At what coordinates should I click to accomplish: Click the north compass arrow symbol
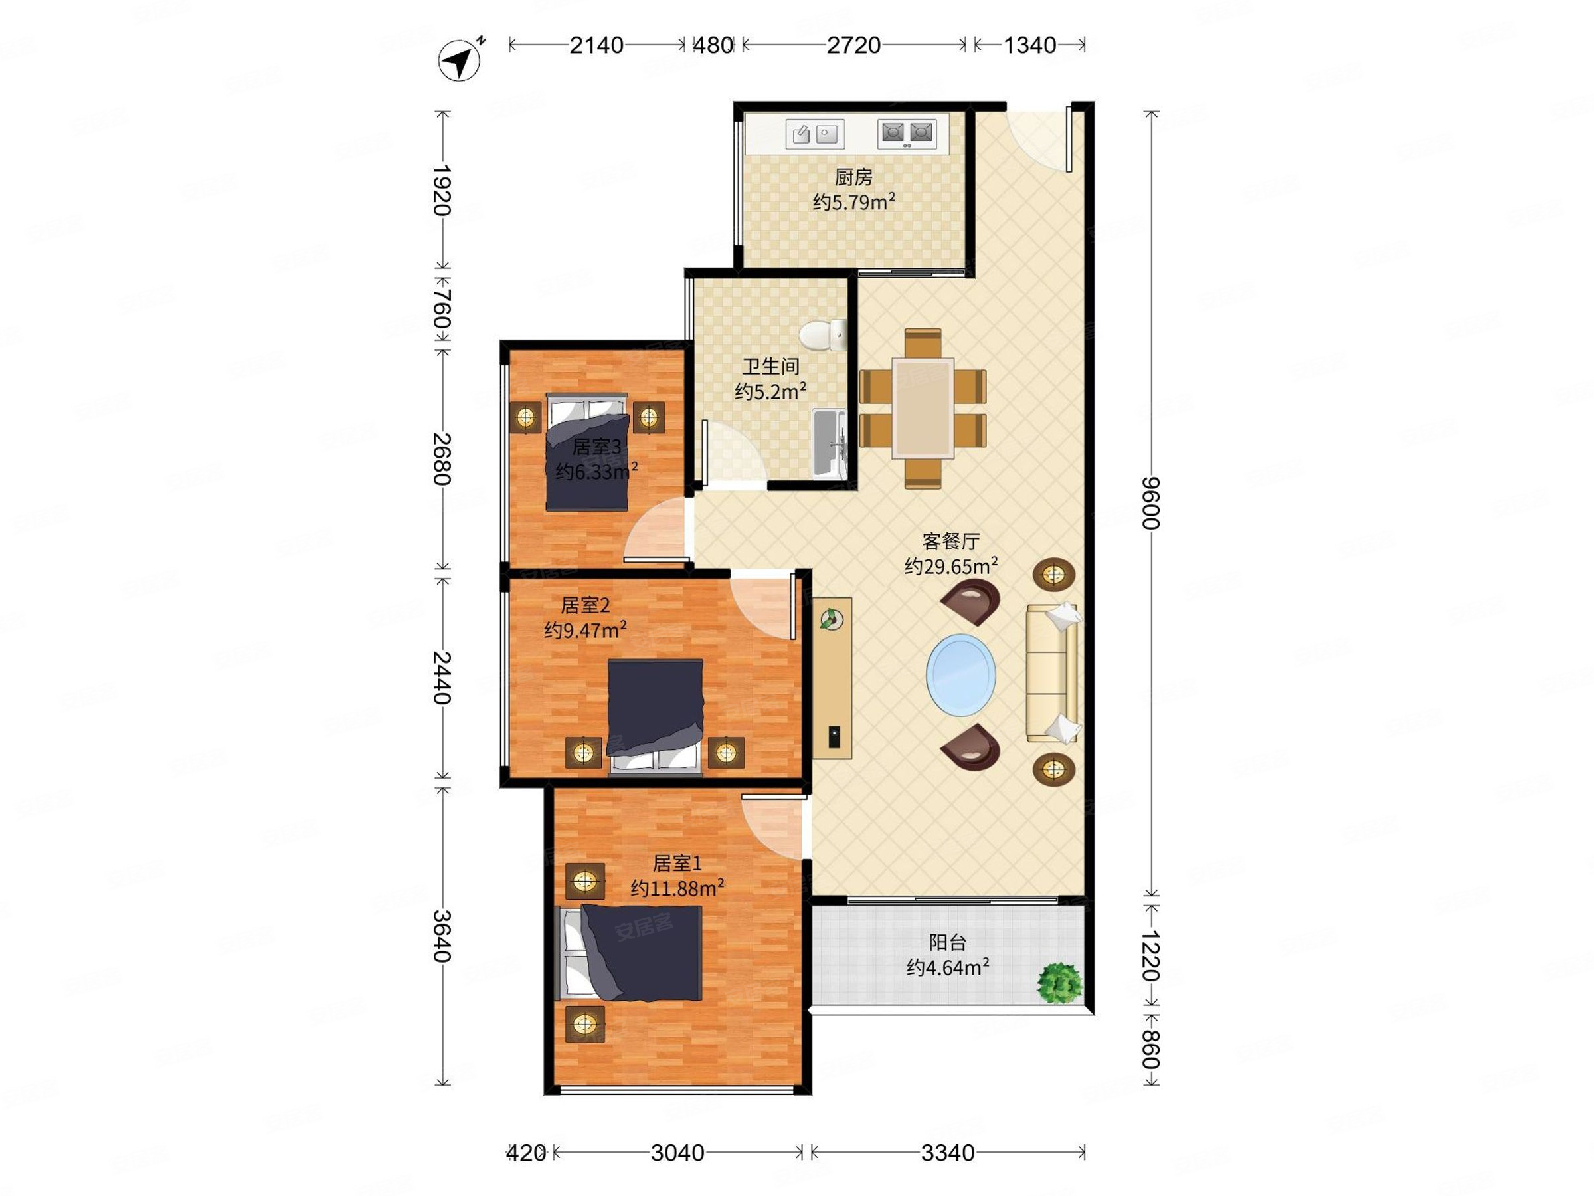(x=460, y=60)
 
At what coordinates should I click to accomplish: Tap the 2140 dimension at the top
(x=596, y=45)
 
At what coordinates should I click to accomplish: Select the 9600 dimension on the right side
(x=1152, y=502)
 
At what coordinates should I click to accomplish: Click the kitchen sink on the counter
(x=815, y=134)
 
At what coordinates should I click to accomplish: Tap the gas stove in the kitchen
(x=907, y=134)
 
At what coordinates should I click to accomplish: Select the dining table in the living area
(x=923, y=408)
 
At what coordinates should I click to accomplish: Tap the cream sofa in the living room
(x=1052, y=672)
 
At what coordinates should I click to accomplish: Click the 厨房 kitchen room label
(x=854, y=177)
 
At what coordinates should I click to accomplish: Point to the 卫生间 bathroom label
(x=771, y=367)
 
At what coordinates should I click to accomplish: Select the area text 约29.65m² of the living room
(x=951, y=566)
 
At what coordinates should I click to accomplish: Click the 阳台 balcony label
(x=947, y=942)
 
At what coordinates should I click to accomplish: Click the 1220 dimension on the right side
(x=1152, y=956)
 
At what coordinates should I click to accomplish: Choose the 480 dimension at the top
(x=713, y=45)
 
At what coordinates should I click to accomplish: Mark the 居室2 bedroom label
(x=585, y=605)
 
